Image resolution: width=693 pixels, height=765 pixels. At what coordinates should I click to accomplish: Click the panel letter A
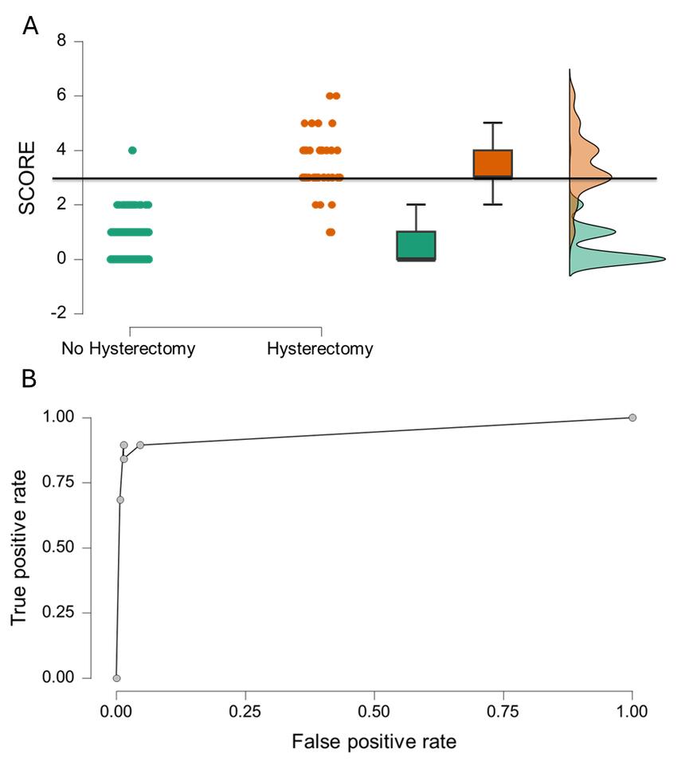coord(30,26)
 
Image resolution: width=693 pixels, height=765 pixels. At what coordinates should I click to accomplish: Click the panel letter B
coord(29,379)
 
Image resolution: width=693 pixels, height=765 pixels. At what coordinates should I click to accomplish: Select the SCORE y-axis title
coord(28,178)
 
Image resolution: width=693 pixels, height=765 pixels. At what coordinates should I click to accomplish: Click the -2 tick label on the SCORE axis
coord(58,313)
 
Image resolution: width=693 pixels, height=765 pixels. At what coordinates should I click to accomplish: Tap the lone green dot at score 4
coord(132,151)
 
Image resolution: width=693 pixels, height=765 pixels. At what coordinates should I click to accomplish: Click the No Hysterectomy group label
coord(128,349)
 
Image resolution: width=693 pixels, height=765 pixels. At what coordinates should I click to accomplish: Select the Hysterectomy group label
coord(319,349)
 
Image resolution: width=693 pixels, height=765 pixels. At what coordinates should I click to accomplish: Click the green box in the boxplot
coord(416,245)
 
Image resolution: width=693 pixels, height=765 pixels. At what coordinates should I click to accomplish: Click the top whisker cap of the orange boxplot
coord(493,123)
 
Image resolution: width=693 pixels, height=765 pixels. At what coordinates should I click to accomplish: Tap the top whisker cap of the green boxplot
coord(416,205)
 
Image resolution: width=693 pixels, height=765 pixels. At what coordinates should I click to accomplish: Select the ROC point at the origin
coord(116,678)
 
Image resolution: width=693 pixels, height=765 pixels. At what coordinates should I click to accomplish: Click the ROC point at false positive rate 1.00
coord(632,418)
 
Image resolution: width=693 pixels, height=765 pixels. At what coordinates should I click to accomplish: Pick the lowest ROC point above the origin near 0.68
coord(120,500)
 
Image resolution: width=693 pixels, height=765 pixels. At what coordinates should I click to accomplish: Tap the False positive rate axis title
coord(374,742)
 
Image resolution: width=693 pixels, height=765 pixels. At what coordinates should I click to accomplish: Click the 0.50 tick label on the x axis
coord(374,707)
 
